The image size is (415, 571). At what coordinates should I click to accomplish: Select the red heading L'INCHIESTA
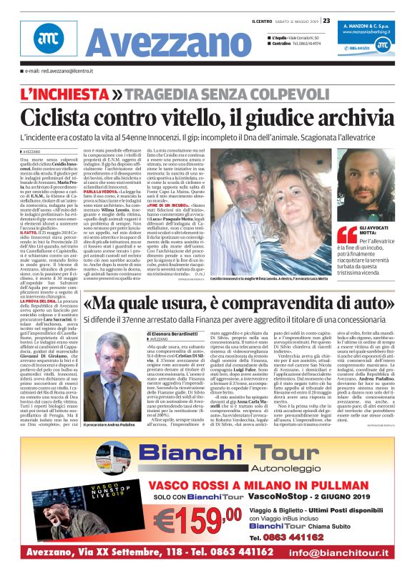64,94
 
